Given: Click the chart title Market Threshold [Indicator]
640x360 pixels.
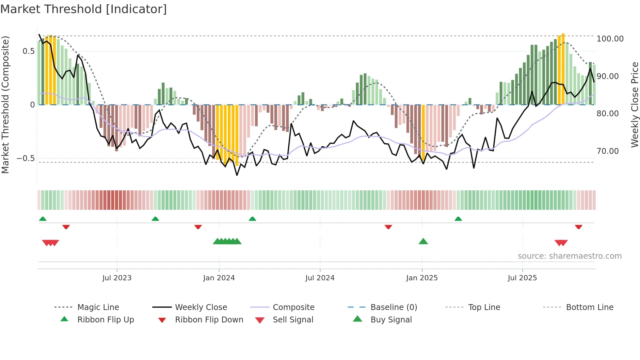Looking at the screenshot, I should tap(84, 9).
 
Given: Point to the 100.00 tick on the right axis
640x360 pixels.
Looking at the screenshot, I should tap(610, 39).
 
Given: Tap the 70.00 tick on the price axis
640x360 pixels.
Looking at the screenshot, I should tap(607, 151).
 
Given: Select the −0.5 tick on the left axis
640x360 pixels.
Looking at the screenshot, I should tap(25, 158).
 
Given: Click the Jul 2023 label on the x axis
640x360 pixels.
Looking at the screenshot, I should tap(117, 278).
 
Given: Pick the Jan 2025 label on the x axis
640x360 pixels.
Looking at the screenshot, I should tap(422, 278).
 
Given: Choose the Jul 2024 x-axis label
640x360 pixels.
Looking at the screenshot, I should tap(320, 278).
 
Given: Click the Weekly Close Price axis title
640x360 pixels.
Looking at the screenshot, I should tap(634, 105).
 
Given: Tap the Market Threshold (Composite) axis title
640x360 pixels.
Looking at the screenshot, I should tap(5, 105).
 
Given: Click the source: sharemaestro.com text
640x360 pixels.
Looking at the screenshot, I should tap(569, 256).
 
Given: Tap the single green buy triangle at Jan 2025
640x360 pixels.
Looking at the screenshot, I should tap(423, 241).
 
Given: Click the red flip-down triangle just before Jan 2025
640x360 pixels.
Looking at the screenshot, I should tap(388, 227).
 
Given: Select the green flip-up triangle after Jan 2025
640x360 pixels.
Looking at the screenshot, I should tap(458, 219).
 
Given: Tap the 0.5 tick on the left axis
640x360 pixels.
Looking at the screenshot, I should tap(28, 51).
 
